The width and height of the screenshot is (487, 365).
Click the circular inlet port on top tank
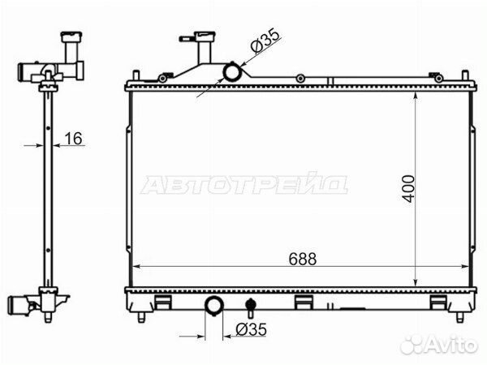233,73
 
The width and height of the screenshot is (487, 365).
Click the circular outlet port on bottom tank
214,307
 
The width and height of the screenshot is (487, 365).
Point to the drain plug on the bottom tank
250,308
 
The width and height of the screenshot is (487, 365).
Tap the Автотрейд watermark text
243,185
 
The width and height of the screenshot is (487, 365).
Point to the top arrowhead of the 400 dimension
416,92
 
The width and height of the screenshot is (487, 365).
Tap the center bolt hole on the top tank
301,78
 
